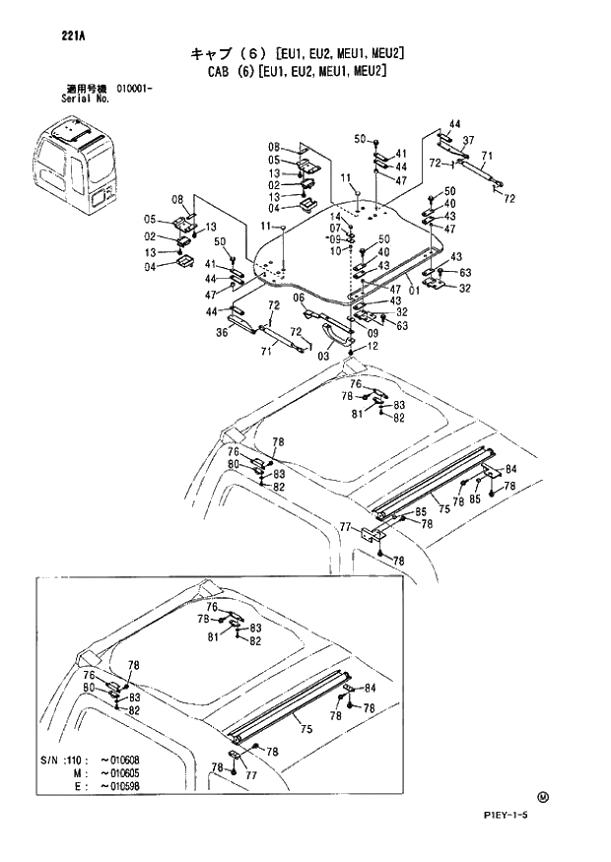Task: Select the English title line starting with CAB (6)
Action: pyautogui.click(x=295, y=72)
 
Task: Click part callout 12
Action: pyautogui.click(x=373, y=346)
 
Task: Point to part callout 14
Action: pyautogui.click(x=335, y=216)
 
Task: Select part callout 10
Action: pyautogui.click(x=335, y=250)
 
